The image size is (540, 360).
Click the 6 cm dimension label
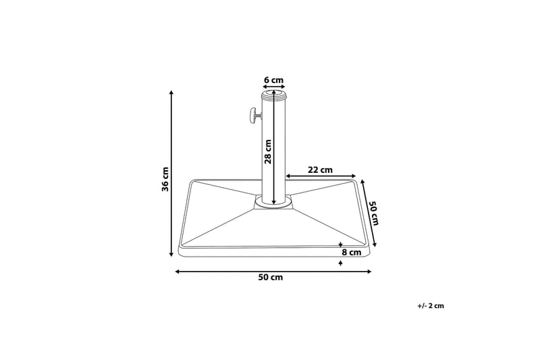coord(273,80)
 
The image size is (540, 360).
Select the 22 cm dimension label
coord(320,170)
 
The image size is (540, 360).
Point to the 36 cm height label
coord(165,179)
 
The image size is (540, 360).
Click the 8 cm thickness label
coord(352,253)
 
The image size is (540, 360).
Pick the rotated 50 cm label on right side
coord(374,213)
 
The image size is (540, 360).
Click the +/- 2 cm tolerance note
coord(431,306)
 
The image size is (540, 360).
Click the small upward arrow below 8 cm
coord(341,261)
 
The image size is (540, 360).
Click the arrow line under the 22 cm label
coord(321,176)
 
